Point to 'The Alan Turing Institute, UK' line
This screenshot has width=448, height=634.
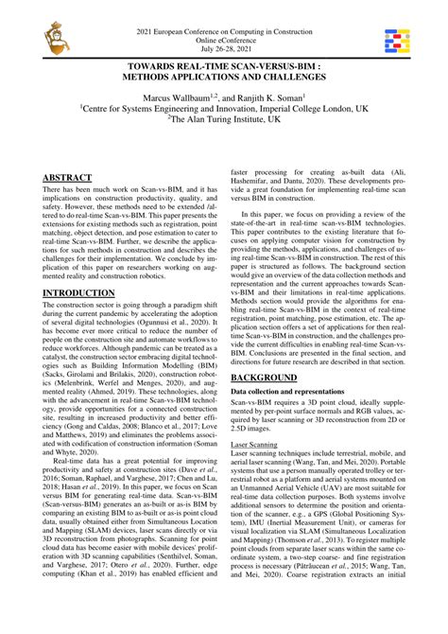224,121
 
